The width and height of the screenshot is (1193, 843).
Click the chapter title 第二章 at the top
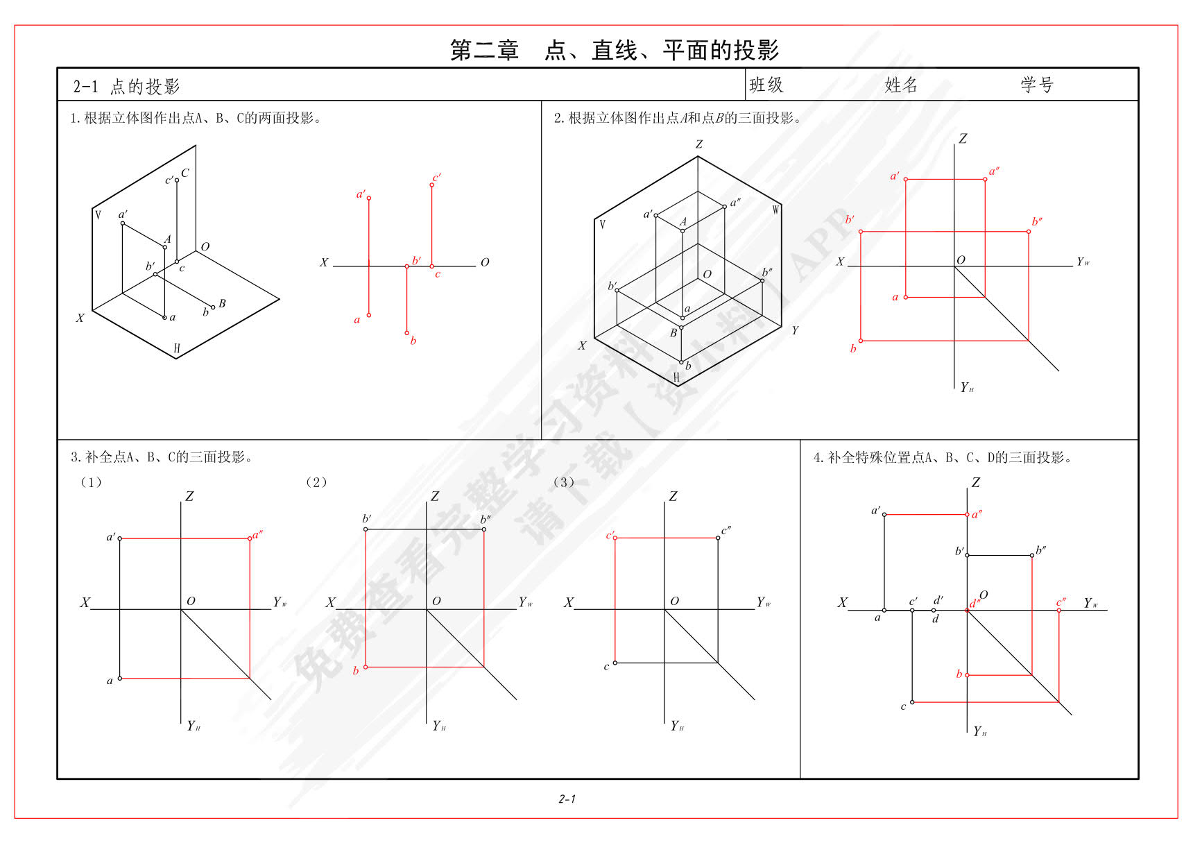pos(485,51)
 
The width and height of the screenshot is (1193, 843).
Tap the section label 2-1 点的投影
pos(126,87)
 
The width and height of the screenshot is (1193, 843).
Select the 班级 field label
pos(766,85)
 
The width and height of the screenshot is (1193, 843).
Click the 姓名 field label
pos(902,85)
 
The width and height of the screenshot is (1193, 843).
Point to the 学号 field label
pos(1038,85)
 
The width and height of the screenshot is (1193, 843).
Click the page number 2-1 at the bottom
pos(567,799)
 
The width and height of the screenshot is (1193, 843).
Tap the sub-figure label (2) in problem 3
pos(316,482)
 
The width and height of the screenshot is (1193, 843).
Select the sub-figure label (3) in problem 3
pos(563,482)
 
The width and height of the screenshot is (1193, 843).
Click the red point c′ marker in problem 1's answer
pos(431,185)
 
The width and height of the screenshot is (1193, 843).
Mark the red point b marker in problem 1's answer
pos(407,333)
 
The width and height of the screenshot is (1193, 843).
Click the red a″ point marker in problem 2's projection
pos(985,180)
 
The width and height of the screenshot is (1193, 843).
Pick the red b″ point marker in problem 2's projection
pos(1029,232)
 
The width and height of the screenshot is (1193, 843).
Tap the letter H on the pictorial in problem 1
pos(177,348)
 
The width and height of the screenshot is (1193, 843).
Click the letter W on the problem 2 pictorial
pos(776,210)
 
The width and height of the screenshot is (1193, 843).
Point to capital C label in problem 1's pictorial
pos(185,173)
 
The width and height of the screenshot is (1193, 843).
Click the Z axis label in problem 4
pos(976,482)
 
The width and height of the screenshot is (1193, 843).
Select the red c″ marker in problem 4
pos(1059,611)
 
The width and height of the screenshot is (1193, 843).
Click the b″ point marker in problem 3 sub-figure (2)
pos(483,529)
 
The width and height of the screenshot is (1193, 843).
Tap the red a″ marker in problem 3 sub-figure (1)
pos(250,538)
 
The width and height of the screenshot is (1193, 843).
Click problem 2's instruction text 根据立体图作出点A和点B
pos(646,119)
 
